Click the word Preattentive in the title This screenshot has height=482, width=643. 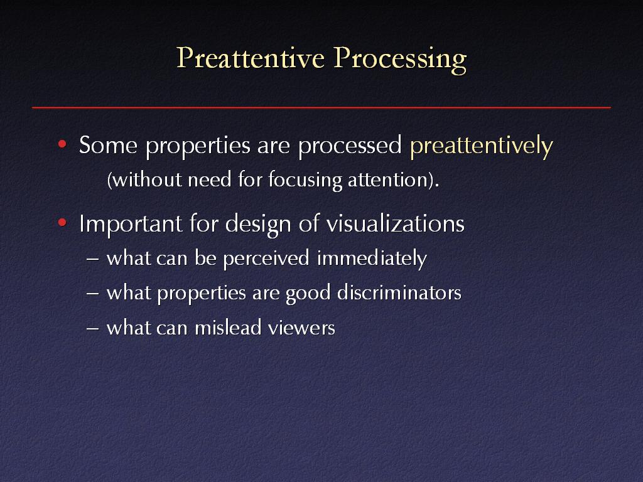coord(251,58)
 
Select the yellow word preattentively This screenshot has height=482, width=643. coord(482,146)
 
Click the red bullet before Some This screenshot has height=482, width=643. coord(62,144)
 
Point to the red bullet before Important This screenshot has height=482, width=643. coord(62,223)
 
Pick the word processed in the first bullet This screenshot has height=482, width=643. coord(350,146)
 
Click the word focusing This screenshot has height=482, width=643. coord(305,181)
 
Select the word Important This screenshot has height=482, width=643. coord(131,225)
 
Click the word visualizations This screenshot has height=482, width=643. coord(396,223)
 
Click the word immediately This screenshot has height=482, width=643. coord(372,259)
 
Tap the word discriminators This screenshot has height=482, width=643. coord(399,292)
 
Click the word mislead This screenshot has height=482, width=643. coord(228,328)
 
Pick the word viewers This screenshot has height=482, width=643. coord(301,328)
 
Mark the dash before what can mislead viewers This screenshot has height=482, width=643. coord(93,329)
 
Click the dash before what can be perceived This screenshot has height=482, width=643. coord(93,259)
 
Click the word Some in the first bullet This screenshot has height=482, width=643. coord(108,145)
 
